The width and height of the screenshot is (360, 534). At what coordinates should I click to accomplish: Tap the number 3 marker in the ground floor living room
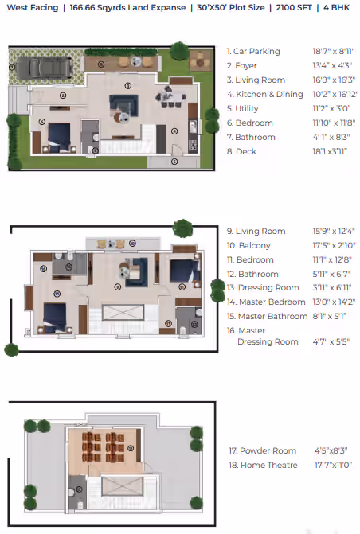[128, 85]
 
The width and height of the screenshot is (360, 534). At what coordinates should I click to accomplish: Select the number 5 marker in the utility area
[174, 162]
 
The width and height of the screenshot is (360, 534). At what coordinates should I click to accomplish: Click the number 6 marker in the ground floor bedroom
[42, 122]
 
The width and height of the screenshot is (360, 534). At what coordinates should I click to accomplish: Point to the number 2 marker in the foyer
[63, 95]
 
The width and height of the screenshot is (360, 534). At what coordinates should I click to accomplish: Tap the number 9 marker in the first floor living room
[118, 287]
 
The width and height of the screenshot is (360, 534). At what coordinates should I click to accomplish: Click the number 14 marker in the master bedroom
[57, 294]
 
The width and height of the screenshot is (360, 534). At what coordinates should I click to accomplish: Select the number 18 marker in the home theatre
[131, 448]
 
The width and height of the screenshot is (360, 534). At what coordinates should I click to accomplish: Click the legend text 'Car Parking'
[256, 52]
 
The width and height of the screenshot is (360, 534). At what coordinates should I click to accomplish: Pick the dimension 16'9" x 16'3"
[334, 80]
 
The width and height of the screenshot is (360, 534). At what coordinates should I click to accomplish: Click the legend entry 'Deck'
[245, 151]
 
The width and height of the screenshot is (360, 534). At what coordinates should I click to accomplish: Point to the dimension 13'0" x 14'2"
[334, 302]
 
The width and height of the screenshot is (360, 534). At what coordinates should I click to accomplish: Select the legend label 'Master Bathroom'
[272, 317]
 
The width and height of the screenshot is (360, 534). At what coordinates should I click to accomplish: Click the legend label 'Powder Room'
[268, 451]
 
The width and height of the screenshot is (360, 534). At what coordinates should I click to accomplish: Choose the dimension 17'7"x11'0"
[334, 466]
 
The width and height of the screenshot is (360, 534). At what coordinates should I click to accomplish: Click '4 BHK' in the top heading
[336, 7]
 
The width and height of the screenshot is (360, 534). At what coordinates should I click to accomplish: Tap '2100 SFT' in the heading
[294, 7]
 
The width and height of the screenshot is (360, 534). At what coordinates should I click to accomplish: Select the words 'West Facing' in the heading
[33, 7]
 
